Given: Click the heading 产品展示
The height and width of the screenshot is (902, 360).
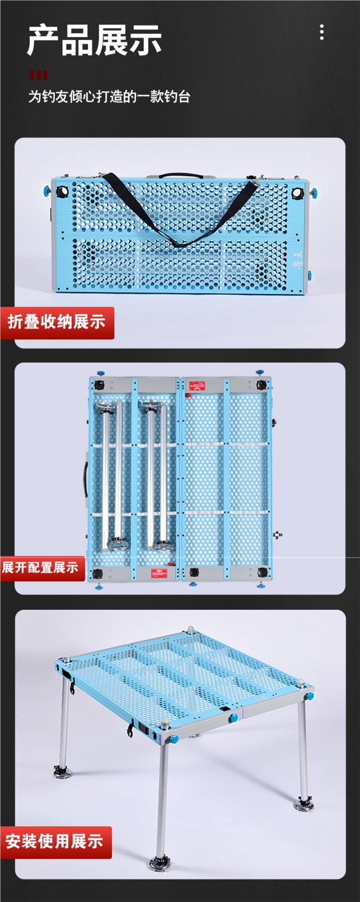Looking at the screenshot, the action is coord(94,41).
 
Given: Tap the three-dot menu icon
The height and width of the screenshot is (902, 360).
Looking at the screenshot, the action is coord(322,32).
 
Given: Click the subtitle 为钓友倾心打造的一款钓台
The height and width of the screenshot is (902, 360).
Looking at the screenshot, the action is coord(109,97).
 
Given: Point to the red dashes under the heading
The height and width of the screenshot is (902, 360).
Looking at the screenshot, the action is coord(38,75).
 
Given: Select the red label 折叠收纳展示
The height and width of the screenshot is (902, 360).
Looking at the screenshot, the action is coord(57,322).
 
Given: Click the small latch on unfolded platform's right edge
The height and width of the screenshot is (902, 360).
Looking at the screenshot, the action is coord(277,535).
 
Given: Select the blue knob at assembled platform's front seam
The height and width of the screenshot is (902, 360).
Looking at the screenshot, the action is coord(233,718).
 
